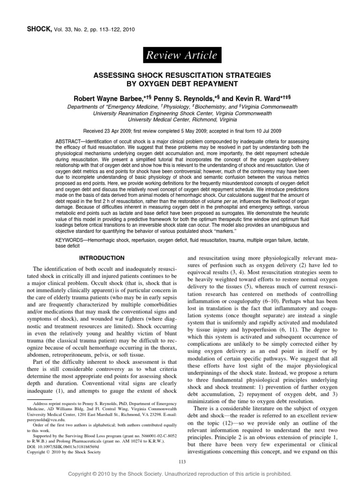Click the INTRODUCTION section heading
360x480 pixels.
click(101, 258)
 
